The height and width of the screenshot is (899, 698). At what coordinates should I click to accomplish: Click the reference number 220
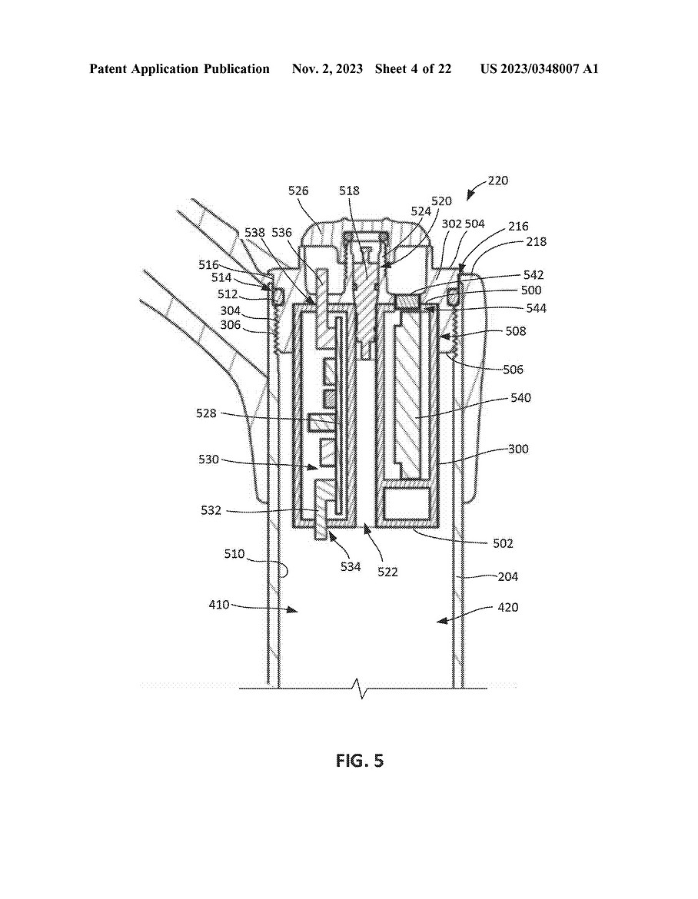tap(498, 181)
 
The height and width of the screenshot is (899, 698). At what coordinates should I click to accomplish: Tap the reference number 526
tap(298, 191)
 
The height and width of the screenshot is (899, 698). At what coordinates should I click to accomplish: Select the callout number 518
tap(349, 191)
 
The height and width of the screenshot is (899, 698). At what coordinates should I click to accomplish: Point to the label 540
tap(520, 397)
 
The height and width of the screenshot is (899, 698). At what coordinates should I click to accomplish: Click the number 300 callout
tap(518, 449)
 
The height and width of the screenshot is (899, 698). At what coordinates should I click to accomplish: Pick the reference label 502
tap(503, 543)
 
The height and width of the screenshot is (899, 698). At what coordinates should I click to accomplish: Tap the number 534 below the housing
tap(351, 567)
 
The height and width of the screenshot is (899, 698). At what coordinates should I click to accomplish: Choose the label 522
tap(387, 572)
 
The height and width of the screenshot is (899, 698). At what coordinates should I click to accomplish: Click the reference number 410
tap(219, 604)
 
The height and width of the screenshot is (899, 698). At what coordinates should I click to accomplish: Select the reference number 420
tap(507, 607)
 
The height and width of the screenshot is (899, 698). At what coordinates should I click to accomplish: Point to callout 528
tap(207, 413)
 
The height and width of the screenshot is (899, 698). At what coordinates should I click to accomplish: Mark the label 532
tap(211, 510)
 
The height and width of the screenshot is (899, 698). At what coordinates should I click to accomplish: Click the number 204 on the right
tap(507, 577)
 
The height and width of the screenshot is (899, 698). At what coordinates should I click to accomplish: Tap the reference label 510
tap(234, 554)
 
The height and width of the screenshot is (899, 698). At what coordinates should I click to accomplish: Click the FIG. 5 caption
tap(360, 761)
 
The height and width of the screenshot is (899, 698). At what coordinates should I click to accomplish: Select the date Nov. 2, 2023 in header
tap(327, 69)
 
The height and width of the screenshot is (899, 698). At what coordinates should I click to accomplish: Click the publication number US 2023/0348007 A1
tap(539, 69)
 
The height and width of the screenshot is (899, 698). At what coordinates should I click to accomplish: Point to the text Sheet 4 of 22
tap(413, 69)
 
